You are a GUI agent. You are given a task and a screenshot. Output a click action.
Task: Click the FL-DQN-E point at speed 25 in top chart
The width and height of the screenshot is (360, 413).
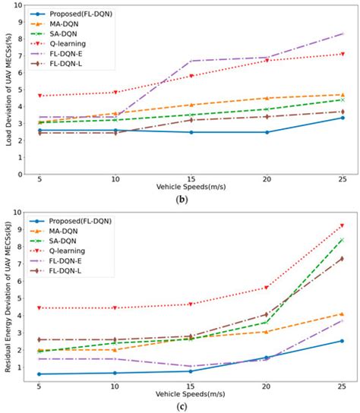pos(342,34)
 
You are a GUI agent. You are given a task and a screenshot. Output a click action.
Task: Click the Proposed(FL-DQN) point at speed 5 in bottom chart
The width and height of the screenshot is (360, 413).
pos(39,374)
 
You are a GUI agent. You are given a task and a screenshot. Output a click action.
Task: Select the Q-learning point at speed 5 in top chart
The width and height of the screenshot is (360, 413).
pos(39,96)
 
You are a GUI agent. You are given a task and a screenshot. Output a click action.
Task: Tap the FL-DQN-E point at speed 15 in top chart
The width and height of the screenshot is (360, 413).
pos(191,61)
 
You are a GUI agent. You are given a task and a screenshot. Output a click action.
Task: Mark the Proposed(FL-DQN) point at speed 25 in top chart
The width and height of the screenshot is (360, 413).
pos(342,118)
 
